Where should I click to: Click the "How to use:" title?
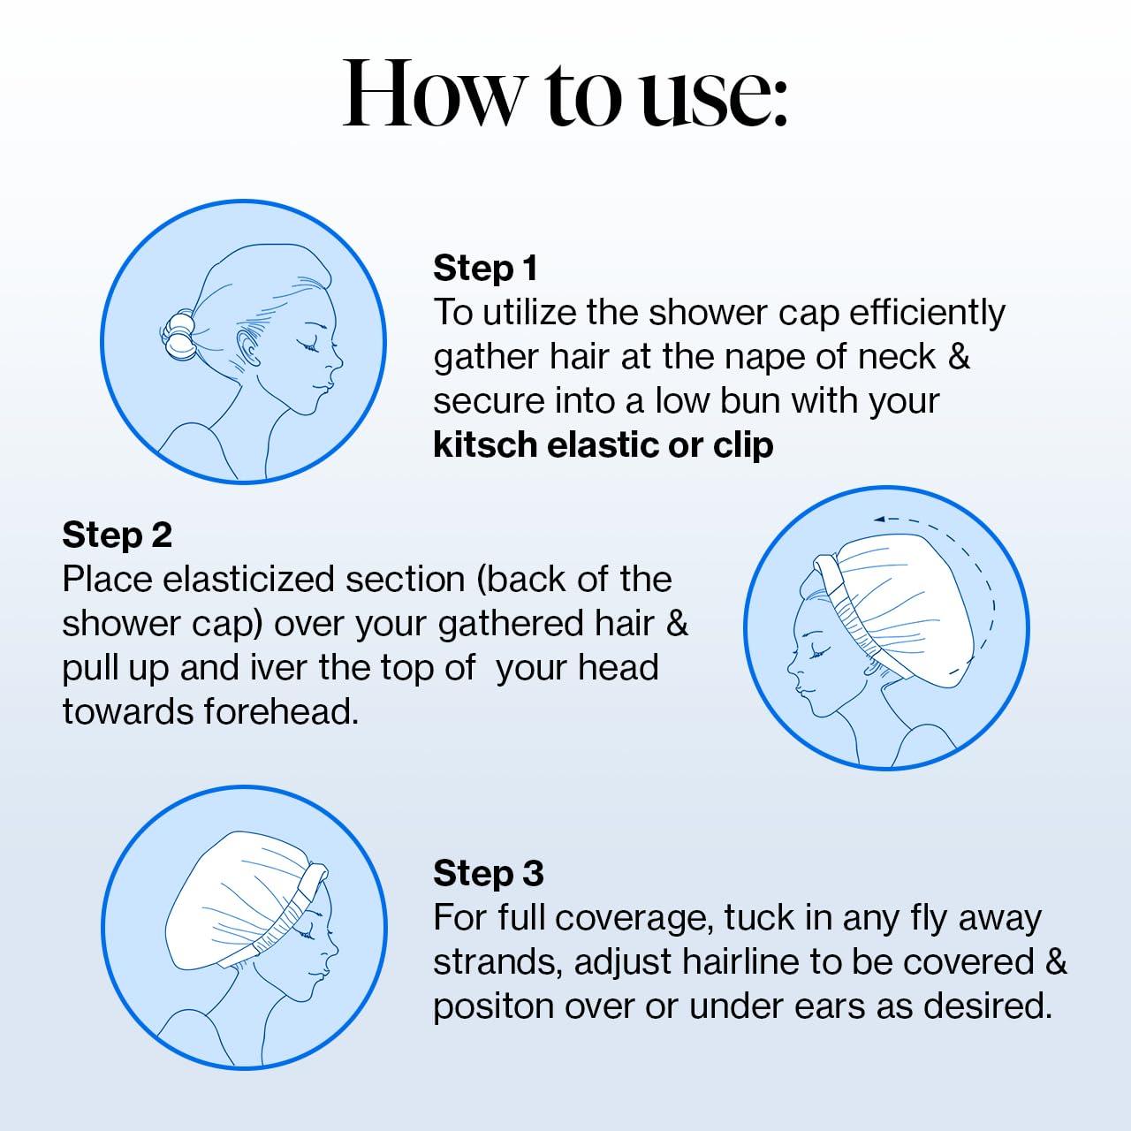565,94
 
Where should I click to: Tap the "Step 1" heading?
485,269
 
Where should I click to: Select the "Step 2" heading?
117,535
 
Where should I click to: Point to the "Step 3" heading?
489,873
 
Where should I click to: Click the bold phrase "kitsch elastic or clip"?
603,445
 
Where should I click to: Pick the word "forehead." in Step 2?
281,712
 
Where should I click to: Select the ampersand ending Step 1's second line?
959,358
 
